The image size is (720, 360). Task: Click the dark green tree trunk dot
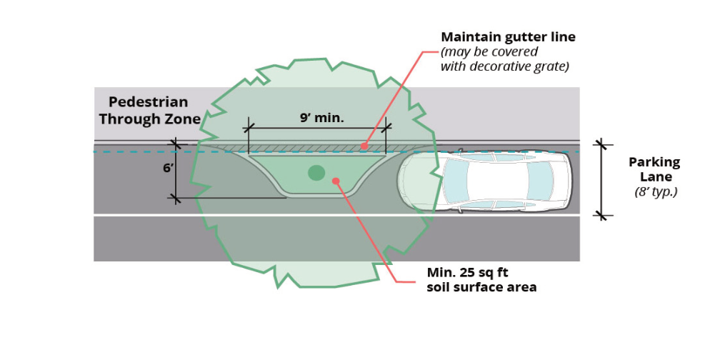pos(316,172)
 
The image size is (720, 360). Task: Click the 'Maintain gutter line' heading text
pos(508,36)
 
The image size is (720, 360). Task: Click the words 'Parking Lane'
pos(654,170)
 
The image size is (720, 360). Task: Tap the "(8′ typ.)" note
pos(655,191)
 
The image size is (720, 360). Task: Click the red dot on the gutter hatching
pos(363,146)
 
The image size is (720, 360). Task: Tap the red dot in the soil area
pos(336,181)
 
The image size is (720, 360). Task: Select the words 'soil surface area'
pos(481,287)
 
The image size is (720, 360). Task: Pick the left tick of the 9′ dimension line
pos(249,129)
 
